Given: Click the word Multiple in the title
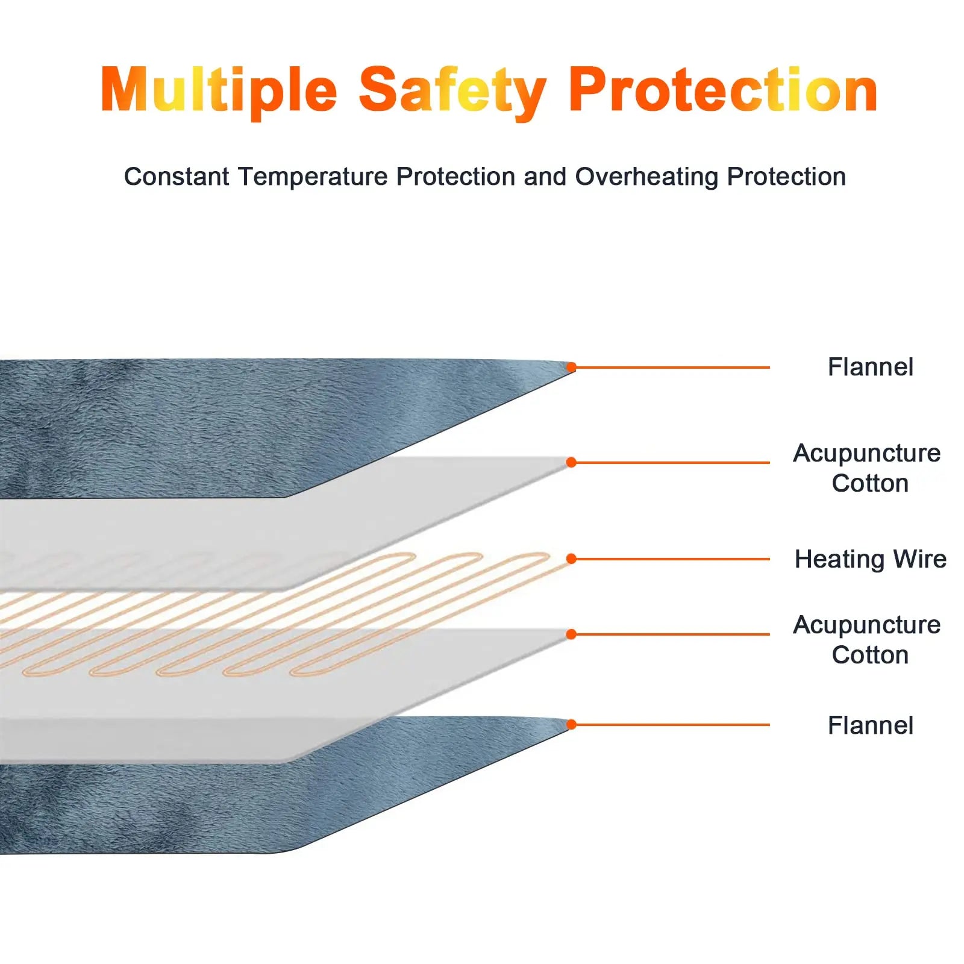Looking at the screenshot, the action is tap(219, 91).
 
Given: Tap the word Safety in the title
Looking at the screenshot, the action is tap(452, 92).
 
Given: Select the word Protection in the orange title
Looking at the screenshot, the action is tap(723, 90).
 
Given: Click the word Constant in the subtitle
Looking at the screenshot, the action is tap(176, 177).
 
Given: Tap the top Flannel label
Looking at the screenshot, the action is tap(870, 367).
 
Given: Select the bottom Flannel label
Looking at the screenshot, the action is tap(870, 725).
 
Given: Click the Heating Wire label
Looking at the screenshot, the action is tap(870, 559).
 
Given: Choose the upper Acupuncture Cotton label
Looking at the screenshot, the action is tap(867, 468).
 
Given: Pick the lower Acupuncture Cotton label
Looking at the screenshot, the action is tap(867, 640).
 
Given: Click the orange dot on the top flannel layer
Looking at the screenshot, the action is tap(571, 367).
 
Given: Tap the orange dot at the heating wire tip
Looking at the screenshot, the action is tap(571, 559).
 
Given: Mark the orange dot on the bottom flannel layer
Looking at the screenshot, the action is tap(571, 724).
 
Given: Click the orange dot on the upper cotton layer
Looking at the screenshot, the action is tap(571, 463).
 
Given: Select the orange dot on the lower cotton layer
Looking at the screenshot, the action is tap(571, 634).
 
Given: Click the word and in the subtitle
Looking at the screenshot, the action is tap(545, 177).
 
